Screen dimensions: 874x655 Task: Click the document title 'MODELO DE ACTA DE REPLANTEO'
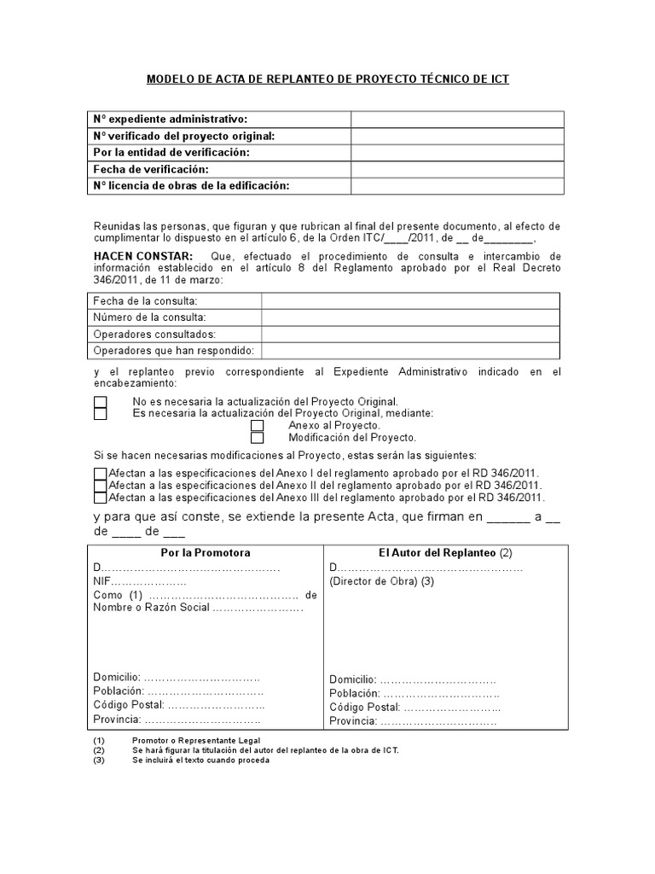[327, 79]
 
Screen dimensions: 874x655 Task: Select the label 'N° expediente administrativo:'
[171, 119]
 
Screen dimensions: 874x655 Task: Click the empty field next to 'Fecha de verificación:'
[456, 169]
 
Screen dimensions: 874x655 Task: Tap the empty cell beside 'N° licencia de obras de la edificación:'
[456, 185]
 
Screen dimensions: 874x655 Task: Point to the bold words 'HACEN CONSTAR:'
[143, 256]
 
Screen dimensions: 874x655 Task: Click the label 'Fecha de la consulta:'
[146, 301]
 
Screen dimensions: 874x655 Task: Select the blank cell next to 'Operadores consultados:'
[410, 334]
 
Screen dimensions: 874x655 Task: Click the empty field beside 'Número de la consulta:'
[410, 318]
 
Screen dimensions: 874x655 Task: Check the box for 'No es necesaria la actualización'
[101, 402]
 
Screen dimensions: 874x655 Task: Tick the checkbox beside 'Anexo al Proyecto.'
[258, 426]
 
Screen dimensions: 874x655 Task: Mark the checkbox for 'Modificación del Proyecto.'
[258, 438]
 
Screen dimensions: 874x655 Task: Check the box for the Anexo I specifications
[101, 474]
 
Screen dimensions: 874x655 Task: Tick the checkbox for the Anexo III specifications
[101, 498]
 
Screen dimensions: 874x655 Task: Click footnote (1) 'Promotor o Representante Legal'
[196, 740]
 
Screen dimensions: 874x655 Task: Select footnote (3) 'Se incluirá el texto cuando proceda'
[200, 760]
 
